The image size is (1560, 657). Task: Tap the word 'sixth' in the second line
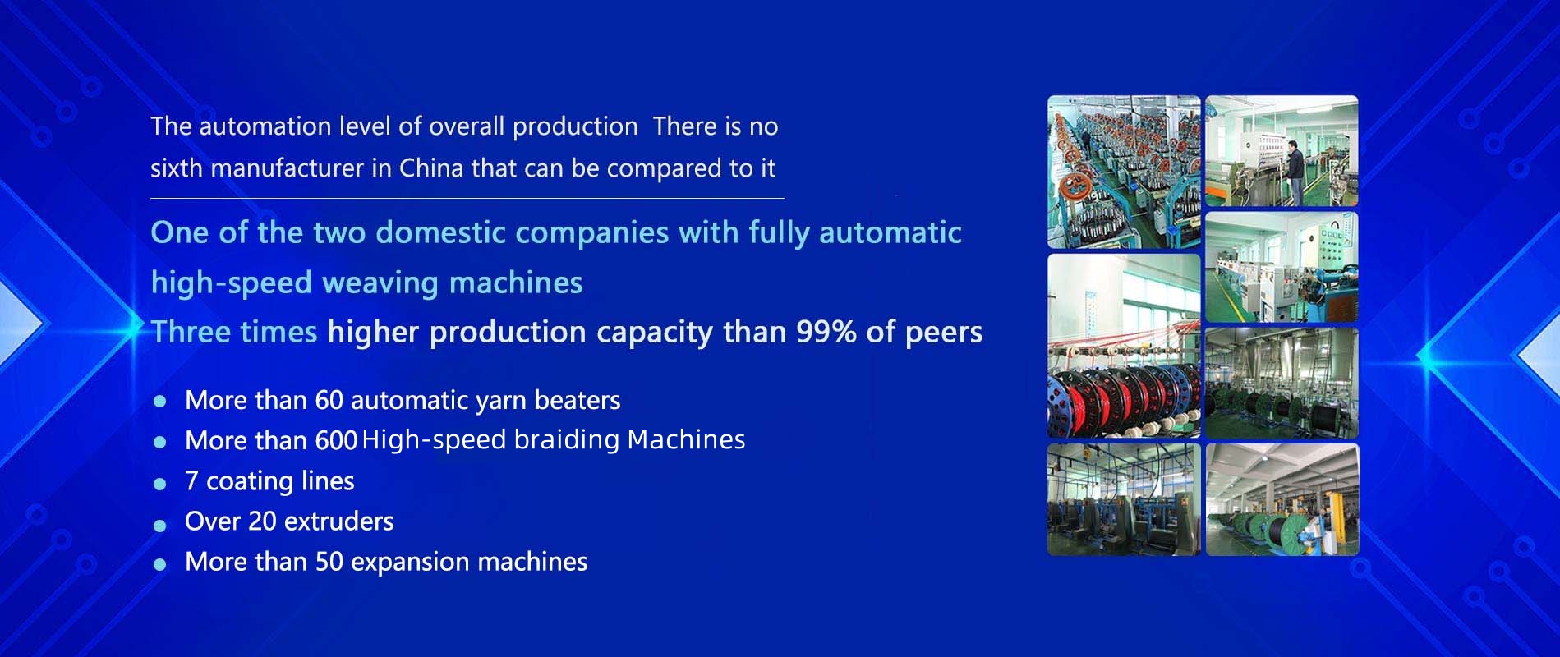click(176, 168)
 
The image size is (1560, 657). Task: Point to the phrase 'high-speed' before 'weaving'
click(232, 284)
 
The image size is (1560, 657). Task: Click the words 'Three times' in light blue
click(234, 332)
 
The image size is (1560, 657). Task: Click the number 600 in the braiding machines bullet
click(336, 441)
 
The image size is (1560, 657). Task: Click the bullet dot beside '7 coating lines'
click(160, 483)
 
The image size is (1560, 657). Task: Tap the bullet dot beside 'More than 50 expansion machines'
click(160, 564)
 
